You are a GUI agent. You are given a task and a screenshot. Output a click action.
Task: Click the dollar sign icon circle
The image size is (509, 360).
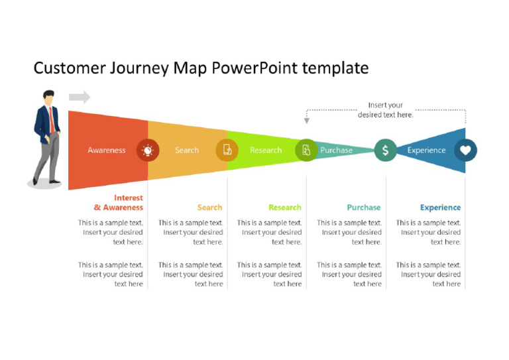point(385,150)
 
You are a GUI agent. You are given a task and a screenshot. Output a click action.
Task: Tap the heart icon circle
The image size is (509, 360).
point(465,150)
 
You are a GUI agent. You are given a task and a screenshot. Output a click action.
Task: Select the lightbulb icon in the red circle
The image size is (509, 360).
point(147,150)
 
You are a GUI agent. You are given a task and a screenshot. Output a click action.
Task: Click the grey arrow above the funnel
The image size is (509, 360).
point(80,97)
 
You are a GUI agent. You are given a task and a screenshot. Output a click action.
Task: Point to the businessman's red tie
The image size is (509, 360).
point(50,119)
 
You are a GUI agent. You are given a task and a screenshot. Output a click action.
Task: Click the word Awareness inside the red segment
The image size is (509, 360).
point(106,150)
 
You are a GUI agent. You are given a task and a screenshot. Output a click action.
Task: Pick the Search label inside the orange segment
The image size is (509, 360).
point(186,150)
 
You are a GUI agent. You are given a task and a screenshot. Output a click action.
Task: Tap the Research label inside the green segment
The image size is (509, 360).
point(266,150)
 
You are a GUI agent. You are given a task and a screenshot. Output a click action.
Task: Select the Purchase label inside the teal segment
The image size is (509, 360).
point(336,150)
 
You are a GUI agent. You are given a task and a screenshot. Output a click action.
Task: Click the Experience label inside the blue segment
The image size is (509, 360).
point(426,150)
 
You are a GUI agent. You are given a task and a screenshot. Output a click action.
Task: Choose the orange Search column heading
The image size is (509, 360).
point(209,208)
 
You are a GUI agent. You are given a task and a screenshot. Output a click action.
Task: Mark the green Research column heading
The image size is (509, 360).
point(285,208)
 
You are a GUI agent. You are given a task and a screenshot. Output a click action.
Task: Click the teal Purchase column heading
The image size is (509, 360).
point(364,208)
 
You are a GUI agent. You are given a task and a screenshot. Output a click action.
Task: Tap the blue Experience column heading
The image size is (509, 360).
point(440,208)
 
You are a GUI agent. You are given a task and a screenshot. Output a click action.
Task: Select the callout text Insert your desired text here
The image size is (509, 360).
point(386,110)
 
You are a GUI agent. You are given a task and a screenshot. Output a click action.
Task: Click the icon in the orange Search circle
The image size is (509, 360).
point(227,150)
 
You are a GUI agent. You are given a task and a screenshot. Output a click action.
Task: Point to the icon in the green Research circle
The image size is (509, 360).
point(306,150)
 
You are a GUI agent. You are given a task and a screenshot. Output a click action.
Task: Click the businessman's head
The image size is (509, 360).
point(48,97)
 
